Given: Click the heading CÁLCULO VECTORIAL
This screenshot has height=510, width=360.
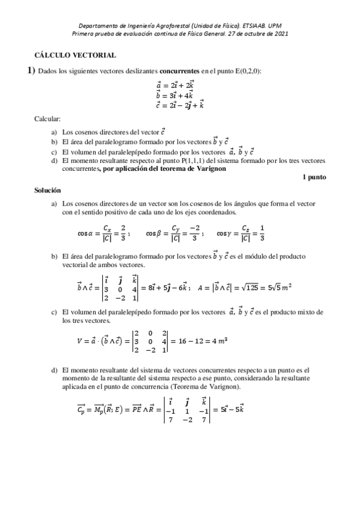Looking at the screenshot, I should pos(75,55).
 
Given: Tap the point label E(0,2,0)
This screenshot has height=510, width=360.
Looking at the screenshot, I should pos(244,72).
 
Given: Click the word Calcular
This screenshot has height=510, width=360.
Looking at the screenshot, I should pos(47,119).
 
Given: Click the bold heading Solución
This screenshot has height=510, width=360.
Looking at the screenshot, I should pos(47,189).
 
